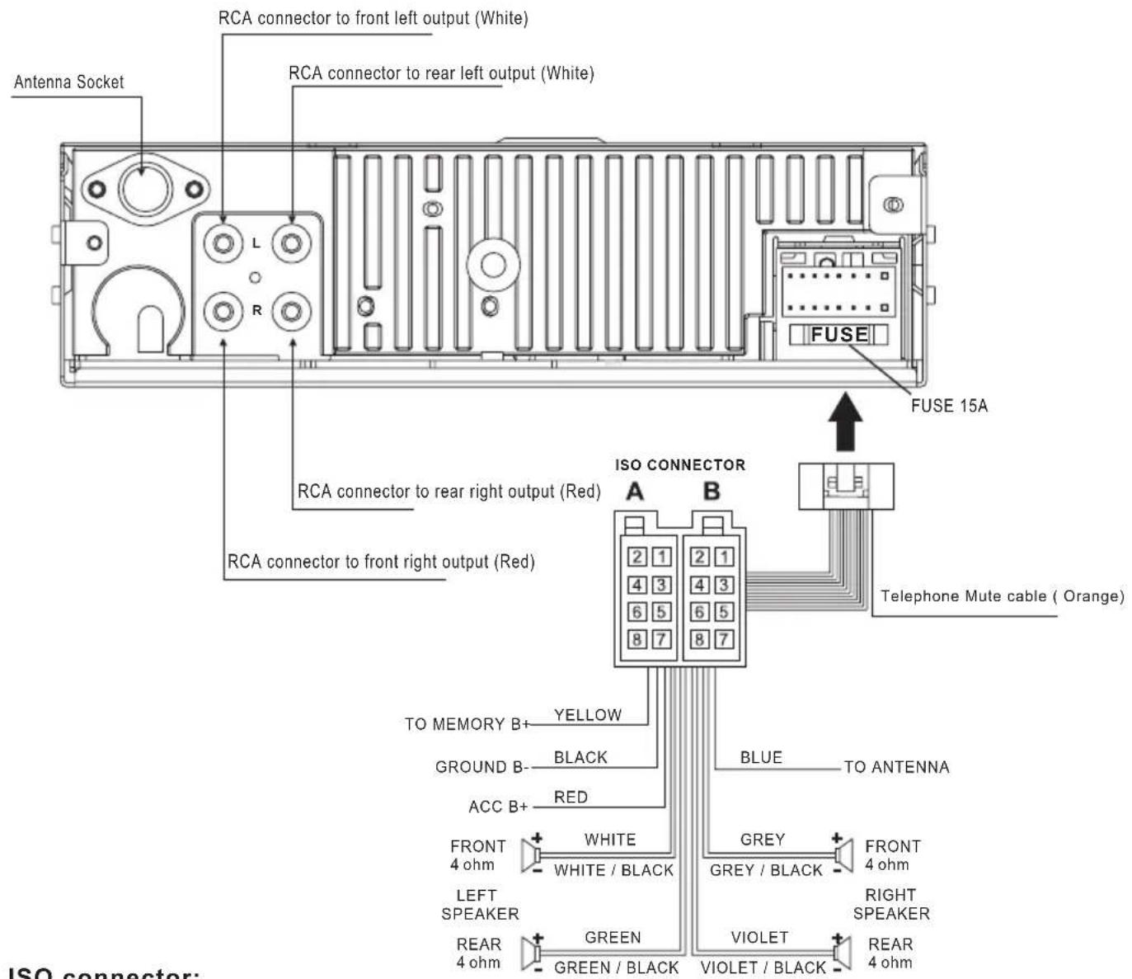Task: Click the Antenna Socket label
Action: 69,82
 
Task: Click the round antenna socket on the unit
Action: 144,189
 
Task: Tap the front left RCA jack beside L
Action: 223,244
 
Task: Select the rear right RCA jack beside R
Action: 291,311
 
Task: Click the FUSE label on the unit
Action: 839,334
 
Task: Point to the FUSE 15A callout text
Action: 949,406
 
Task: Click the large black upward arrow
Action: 845,423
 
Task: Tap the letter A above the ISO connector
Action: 634,492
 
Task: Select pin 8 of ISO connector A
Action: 636,639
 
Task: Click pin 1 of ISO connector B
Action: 723,557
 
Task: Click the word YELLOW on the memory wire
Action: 588,715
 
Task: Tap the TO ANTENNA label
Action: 896,767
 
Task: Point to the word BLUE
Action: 761,757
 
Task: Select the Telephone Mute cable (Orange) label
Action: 1002,596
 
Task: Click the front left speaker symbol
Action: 531,855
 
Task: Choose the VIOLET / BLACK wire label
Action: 763,967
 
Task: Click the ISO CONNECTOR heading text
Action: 680,465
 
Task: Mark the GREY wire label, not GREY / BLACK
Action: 763,840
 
